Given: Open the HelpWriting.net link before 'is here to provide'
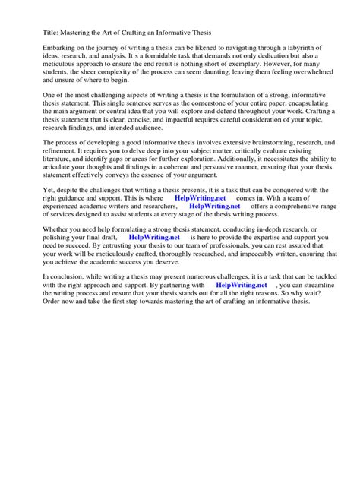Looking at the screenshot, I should pyautogui.click(x=154, y=277).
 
